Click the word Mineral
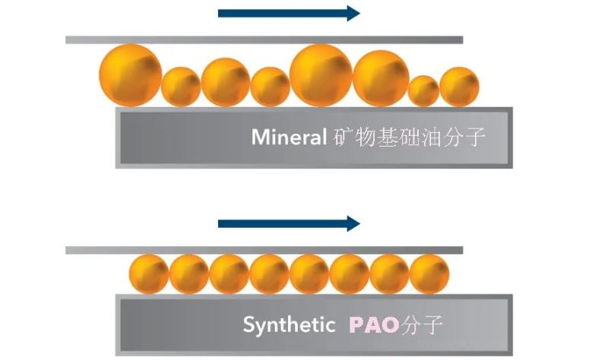289,137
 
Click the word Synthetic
289,324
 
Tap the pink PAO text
374,324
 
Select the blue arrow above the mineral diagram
289,14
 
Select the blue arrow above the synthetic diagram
289,223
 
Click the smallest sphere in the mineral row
424,91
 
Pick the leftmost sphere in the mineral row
130,75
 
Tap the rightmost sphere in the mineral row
460,87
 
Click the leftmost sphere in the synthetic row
149,274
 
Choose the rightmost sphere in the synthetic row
429,274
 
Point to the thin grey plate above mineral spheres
264,40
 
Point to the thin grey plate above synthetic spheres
264,251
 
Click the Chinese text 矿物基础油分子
409,137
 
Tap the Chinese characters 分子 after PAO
422,324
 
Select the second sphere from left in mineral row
181,87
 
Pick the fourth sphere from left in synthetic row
270,274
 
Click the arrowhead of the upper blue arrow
353,14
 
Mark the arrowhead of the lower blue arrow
353,223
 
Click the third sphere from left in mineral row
225,82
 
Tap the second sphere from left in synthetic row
188,274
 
